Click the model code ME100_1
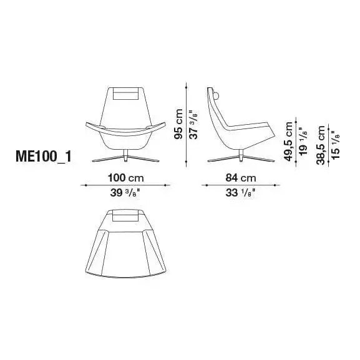click(44, 157)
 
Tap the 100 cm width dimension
click(126, 178)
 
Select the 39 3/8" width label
click(125, 193)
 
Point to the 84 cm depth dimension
click(240, 178)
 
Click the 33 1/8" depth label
click(240, 193)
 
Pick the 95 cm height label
click(178, 124)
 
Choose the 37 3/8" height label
click(193, 125)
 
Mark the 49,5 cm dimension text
click(288, 141)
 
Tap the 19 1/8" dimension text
click(303, 142)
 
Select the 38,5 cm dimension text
click(321, 145)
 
